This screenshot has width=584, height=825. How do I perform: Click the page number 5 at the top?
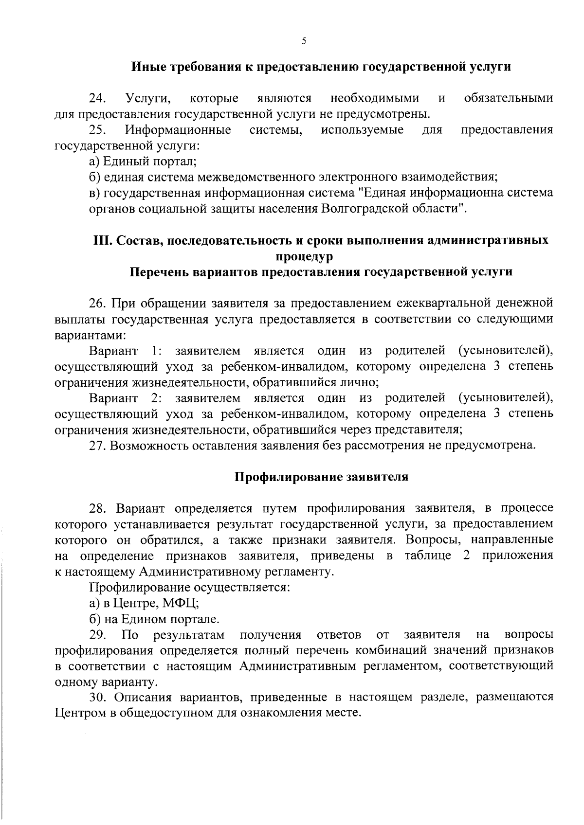304,42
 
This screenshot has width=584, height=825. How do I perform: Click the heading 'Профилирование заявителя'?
322,477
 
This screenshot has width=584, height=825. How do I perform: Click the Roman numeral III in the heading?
102,240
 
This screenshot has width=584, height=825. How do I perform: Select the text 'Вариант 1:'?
125,351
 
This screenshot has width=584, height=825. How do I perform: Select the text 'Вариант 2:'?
125,398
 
